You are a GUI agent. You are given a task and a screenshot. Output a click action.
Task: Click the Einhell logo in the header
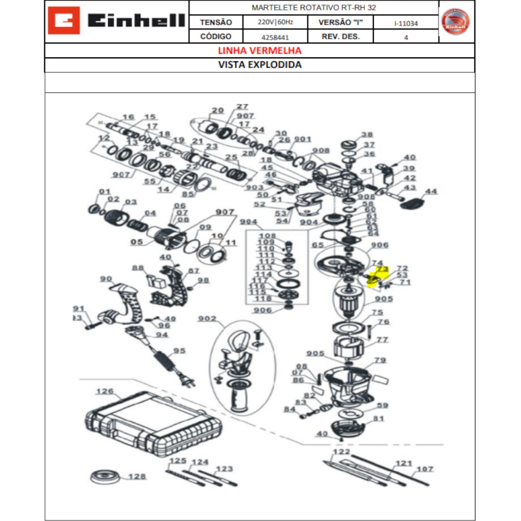116,21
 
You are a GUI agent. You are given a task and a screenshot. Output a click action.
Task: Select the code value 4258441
275,37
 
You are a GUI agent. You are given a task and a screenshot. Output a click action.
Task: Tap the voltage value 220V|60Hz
275,22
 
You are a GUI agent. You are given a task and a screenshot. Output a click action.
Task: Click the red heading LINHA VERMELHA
260,51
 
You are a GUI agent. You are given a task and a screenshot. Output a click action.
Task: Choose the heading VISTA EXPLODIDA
260,65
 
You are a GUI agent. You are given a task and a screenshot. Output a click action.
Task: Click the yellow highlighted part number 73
382,270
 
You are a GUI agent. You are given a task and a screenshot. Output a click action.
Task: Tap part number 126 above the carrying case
105,392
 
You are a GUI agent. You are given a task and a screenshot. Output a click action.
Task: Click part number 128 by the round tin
137,476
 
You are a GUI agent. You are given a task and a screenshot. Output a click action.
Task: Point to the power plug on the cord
188,381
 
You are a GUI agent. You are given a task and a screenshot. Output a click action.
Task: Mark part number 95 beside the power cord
179,351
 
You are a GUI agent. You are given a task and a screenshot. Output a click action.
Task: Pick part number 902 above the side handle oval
207,319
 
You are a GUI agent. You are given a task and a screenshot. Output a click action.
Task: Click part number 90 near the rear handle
106,279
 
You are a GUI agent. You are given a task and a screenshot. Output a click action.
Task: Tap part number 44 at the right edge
431,191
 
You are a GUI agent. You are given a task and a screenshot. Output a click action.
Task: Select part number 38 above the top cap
367,135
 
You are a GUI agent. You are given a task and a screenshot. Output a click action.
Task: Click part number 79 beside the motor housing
380,360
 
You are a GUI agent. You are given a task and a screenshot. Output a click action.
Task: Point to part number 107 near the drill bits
425,469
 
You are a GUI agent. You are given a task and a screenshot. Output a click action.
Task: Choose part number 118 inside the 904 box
263,299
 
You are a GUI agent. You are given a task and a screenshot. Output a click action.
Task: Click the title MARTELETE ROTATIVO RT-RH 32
313,8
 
